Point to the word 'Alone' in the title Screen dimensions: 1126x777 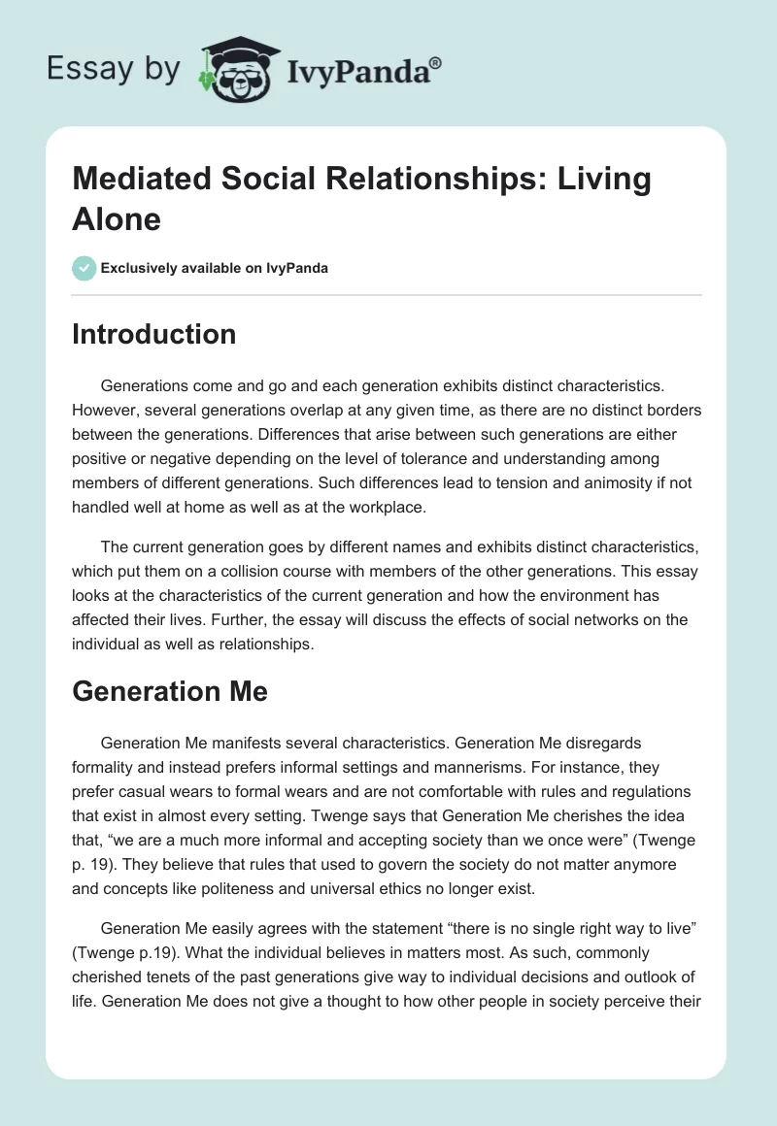tap(117, 219)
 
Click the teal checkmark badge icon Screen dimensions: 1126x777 tap(84, 268)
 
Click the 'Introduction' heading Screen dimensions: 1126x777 tap(154, 334)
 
